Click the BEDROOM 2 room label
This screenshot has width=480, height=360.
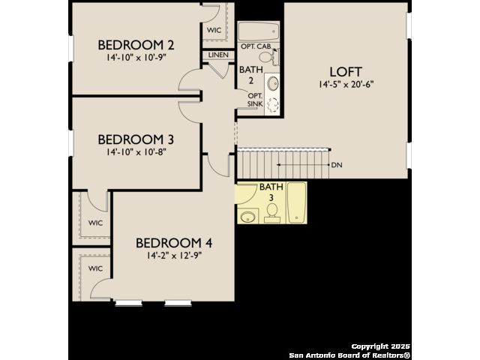(136, 45)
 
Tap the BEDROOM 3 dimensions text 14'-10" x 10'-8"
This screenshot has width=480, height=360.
(136, 151)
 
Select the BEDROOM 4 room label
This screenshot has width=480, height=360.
(174, 243)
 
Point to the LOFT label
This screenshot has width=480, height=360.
(346, 72)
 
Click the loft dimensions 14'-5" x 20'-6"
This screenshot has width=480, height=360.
(346, 85)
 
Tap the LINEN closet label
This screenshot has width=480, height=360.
(218, 55)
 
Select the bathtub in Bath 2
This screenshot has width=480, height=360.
(259, 31)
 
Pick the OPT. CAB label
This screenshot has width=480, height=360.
(256, 46)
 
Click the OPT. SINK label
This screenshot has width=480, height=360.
(255, 100)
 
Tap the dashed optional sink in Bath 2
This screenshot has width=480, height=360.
(272, 105)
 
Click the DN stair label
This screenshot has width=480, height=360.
(337, 165)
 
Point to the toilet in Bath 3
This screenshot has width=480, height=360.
(271, 213)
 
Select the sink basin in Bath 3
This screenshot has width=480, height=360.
(248, 217)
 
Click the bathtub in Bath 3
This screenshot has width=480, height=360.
(297, 202)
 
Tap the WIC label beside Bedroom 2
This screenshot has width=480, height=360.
(214, 30)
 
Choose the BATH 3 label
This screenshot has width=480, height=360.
(271, 192)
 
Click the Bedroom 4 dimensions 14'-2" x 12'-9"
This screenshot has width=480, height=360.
(175, 256)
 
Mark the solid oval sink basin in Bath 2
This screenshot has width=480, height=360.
(272, 83)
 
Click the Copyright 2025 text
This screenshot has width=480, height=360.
(380, 346)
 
